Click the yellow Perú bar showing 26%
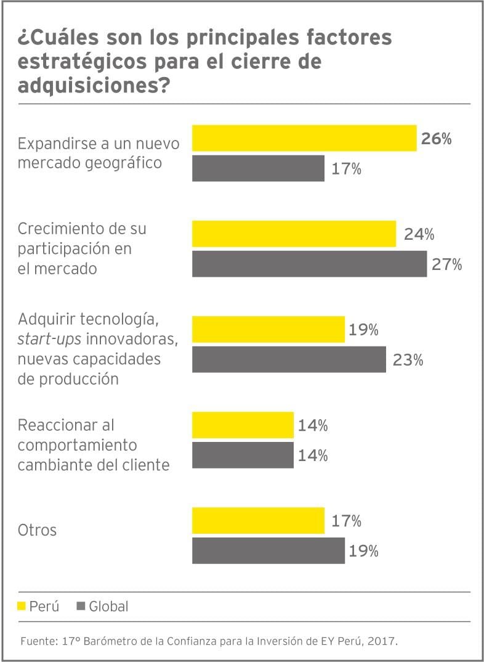[304, 138]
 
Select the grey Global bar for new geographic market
[258, 168]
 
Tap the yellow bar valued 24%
[294, 234]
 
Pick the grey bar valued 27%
[309, 264]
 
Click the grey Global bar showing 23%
[289, 359]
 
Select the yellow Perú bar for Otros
[258, 520]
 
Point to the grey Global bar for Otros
[268, 550]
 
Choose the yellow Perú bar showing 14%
[243, 425]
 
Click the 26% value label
[436, 139]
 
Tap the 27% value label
[446, 264]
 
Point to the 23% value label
[408, 360]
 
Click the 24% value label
[419, 234]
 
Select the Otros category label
[37, 530]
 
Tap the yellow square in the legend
[22, 607]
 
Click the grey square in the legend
[81, 607]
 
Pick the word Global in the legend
[108, 607]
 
